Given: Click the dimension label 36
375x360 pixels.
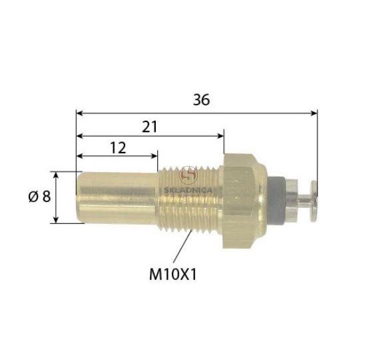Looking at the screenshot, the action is [x=201, y=100].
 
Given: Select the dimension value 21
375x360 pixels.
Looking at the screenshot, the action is [x=150, y=127].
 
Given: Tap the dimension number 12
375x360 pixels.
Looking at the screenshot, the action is [x=118, y=148].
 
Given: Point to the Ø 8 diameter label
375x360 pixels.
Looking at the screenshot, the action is [x=39, y=197].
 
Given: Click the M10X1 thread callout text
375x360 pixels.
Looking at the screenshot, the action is [x=173, y=274].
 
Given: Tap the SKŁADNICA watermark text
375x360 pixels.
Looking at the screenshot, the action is [x=188, y=190].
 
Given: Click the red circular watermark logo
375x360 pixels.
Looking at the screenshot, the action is [x=189, y=175].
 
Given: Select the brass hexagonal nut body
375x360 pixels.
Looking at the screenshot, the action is [x=244, y=201].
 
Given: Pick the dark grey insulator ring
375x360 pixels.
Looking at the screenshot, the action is [x=276, y=201].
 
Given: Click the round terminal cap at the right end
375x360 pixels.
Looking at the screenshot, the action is [x=314, y=201].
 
